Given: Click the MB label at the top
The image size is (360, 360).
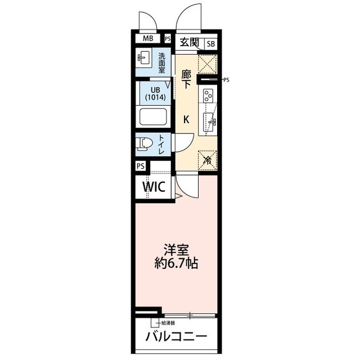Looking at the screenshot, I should pyautogui.click(x=148, y=39).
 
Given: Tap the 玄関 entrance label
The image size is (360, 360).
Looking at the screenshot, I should pyautogui.click(x=190, y=42).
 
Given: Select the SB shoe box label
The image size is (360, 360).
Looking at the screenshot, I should pyautogui.click(x=210, y=43).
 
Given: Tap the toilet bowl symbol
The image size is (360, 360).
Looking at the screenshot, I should pyautogui.click(x=143, y=144).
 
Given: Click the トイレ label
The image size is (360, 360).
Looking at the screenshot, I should pyautogui.click(x=161, y=145).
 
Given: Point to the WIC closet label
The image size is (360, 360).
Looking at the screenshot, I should pyautogui.click(x=153, y=186).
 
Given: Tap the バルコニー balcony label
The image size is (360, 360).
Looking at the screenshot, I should pyautogui.click(x=176, y=337).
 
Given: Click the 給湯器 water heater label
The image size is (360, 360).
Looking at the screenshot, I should pyautogui.click(x=168, y=323).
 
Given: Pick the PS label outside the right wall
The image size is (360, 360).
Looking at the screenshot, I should pyautogui.click(x=226, y=80).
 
